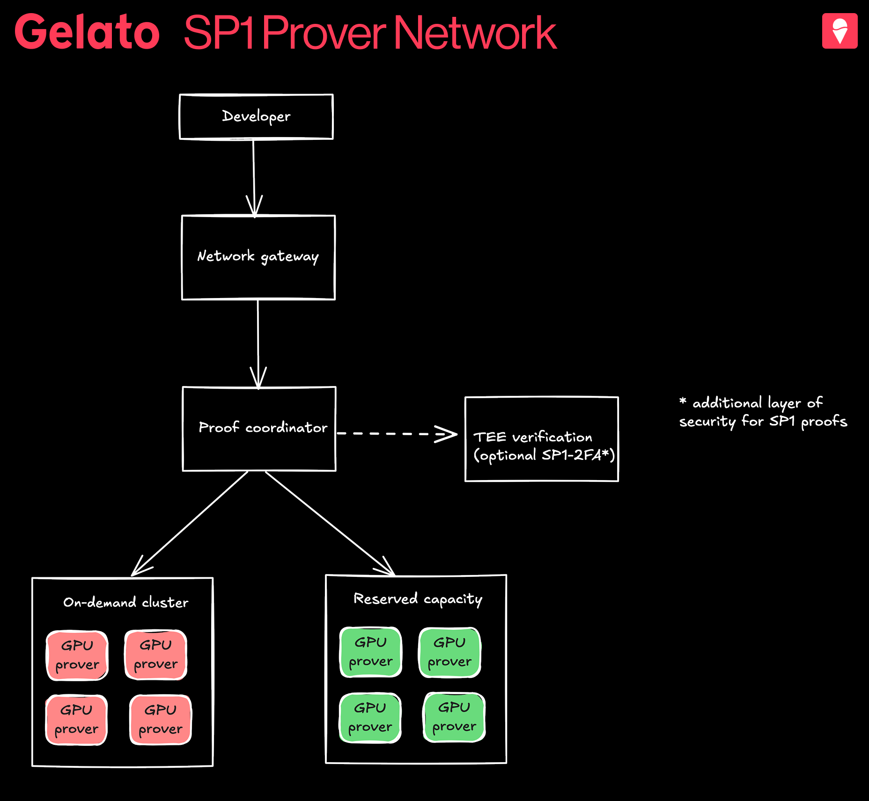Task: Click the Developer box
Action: [x=256, y=117]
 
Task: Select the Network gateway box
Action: [x=258, y=257]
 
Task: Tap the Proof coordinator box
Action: [x=259, y=429]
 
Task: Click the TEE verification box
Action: [x=542, y=439]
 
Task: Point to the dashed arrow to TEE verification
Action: [x=397, y=434]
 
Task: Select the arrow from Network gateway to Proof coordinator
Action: [x=258, y=344]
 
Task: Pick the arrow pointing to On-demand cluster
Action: [x=190, y=524]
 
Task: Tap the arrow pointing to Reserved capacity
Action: [x=330, y=523]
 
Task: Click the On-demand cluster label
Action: [x=126, y=602]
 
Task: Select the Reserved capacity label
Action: [x=418, y=599]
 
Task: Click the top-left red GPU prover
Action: [x=77, y=655]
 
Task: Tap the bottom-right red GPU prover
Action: [x=161, y=720]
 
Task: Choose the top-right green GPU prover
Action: [x=449, y=652]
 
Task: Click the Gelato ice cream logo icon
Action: [x=840, y=31]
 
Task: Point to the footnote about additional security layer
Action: [x=763, y=412]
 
